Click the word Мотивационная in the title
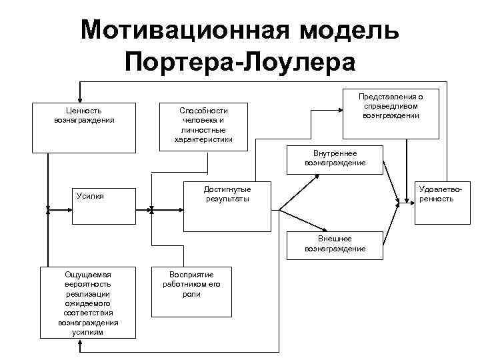185,31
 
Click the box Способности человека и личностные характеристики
203,125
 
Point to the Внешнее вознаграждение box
335,245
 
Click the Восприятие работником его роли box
191,291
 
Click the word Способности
203,111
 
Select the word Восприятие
191,274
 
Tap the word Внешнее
335,239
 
